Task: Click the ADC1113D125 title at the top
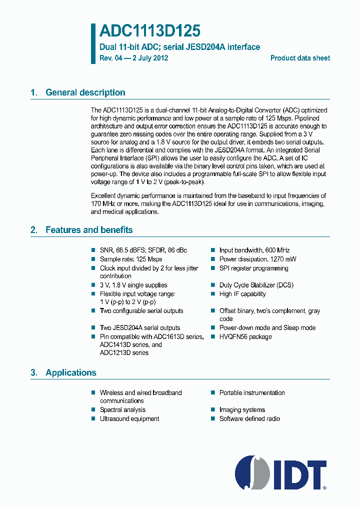pos(149,31)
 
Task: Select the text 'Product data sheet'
pos(300,58)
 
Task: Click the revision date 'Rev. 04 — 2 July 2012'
pos(133,58)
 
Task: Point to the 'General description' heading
pos(85,92)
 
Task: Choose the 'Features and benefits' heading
pos(89,230)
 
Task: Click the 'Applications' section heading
pos(70,372)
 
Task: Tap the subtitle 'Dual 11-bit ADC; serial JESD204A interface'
pos(179,47)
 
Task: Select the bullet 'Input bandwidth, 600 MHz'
pos(254,250)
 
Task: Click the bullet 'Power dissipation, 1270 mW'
pos(257,259)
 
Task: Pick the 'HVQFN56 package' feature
pos(245,336)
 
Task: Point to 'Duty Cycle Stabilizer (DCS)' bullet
pos(256,285)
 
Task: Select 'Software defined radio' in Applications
pos(249,418)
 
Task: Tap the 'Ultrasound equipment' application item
pos(129,418)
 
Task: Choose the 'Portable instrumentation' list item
pos(252,392)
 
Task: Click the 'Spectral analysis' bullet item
pos(122,409)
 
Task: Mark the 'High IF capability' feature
pos(242,294)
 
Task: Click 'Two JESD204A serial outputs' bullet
pos(139,327)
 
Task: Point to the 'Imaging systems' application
pos(242,409)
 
